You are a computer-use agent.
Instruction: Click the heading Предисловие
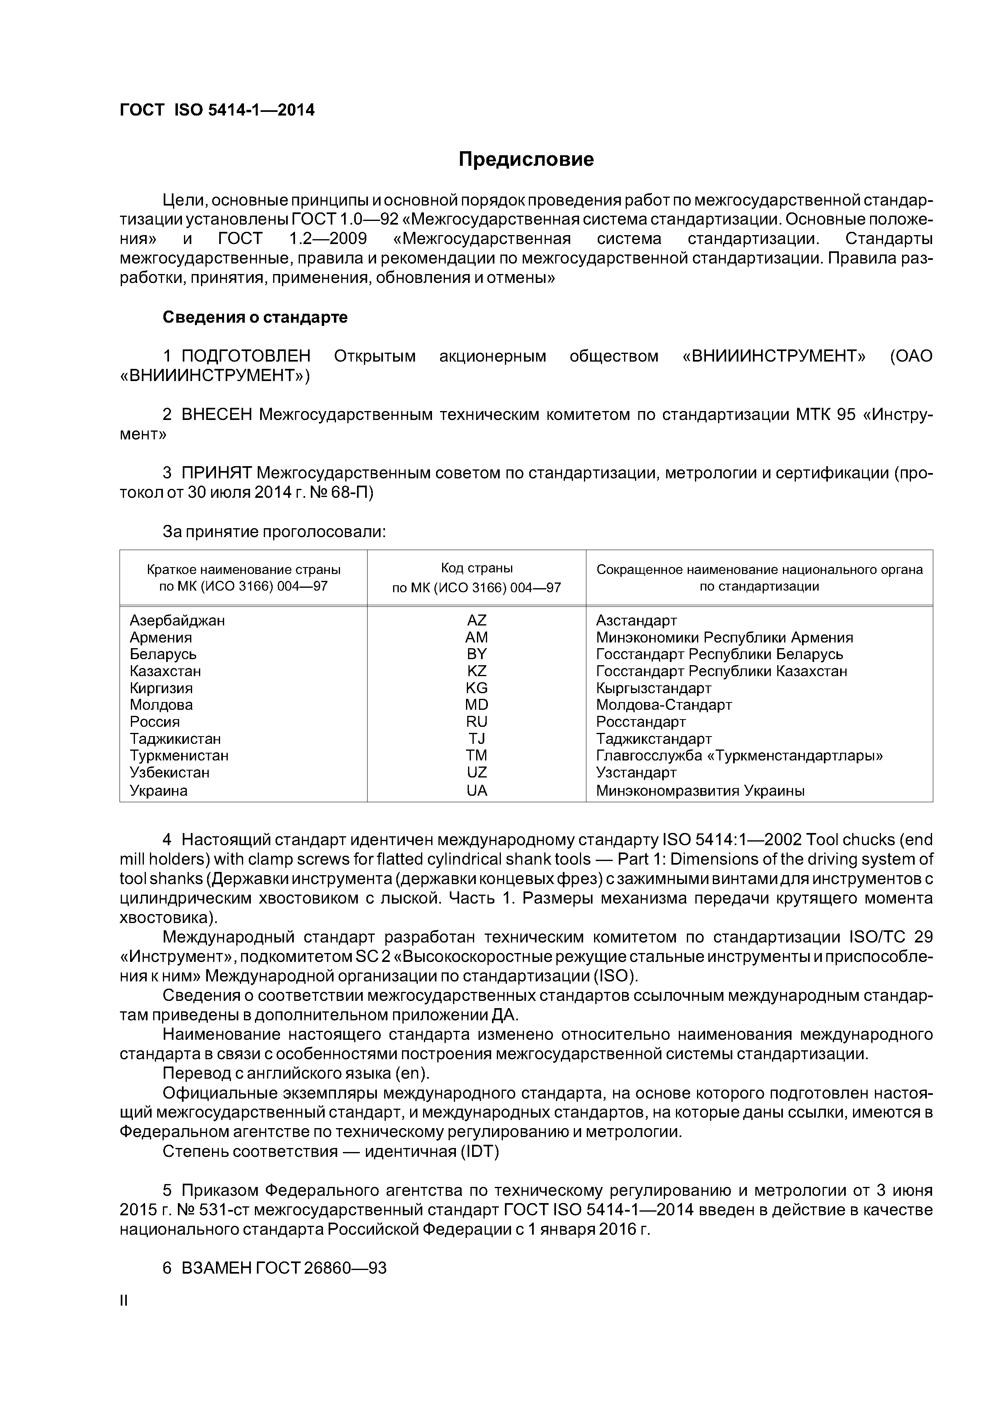pyautogui.click(x=526, y=159)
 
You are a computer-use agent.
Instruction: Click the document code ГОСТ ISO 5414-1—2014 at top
pyautogui.click(x=217, y=110)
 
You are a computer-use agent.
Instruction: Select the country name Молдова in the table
pyautogui.click(x=161, y=705)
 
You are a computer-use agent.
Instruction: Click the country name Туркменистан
pyautogui.click(x=179, y=756)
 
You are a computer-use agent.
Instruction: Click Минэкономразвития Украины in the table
pyautogui.click(x=700, y=790)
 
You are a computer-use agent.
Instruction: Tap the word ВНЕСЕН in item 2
pyautogui.click(x=217, y=414)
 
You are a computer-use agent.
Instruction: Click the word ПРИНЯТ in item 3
pyautogui.click(x=216, y=473)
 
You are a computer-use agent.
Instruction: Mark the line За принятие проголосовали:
pyautogui.click(x=274, y=531)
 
